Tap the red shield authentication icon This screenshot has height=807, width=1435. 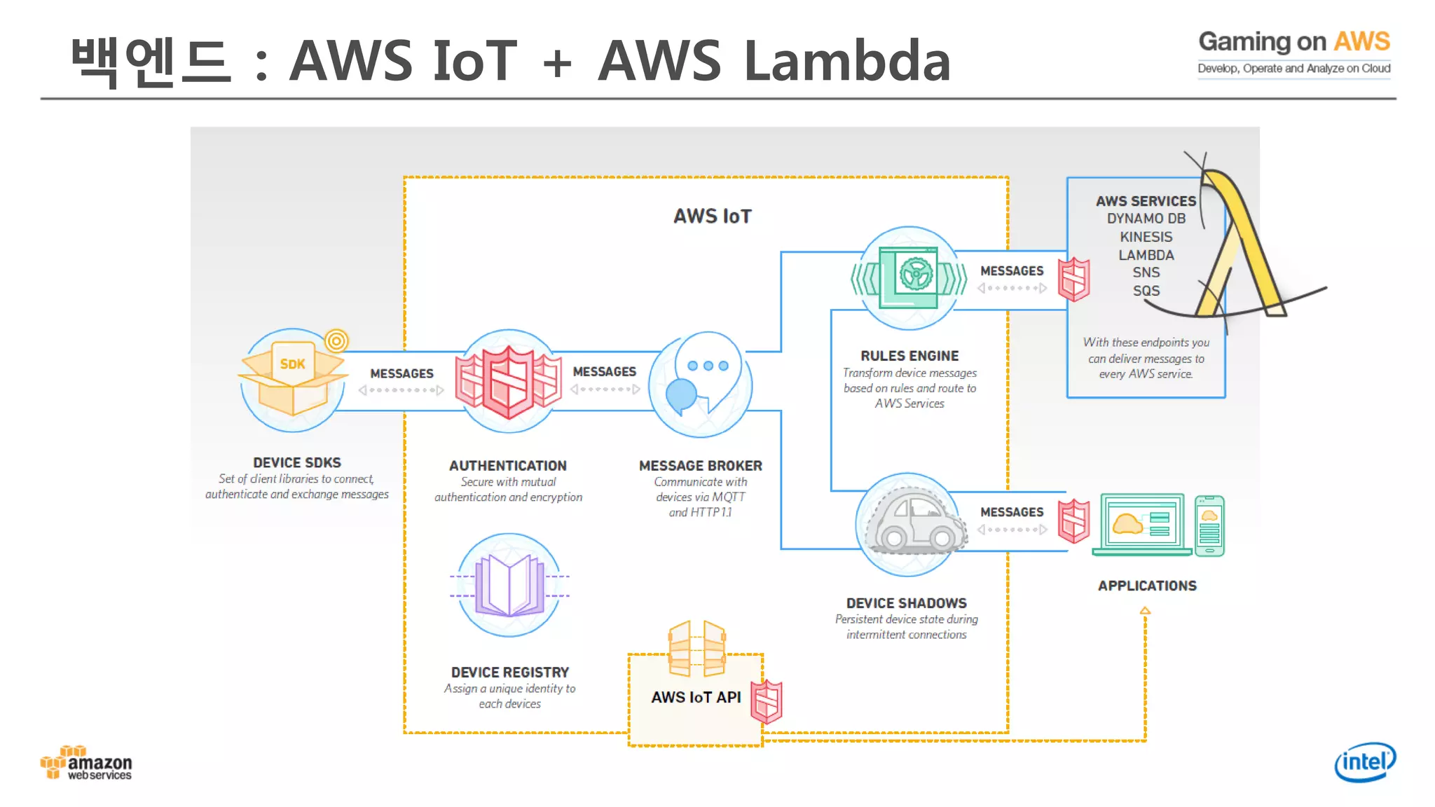click(509, 381)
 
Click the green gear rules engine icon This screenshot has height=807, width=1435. click(909, 278)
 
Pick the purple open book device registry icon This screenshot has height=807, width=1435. click(509, 585)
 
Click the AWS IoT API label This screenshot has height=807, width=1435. click(695, 697)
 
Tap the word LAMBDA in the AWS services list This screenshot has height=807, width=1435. click(1146, 255)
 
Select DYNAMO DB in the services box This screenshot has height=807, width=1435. click(1146, 219)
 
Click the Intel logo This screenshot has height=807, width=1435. click(1364, 761)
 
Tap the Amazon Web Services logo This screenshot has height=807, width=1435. click(87, 764)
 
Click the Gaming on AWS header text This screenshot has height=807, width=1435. click(1293, 42)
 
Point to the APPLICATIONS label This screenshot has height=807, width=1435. click(1146, 586)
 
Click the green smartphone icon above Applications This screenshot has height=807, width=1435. click(1209, 525)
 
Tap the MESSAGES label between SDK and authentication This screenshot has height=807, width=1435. click(401, 373)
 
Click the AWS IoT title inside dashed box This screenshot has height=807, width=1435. click(712, 216)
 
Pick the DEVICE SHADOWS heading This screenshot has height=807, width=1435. click(906, 603)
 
